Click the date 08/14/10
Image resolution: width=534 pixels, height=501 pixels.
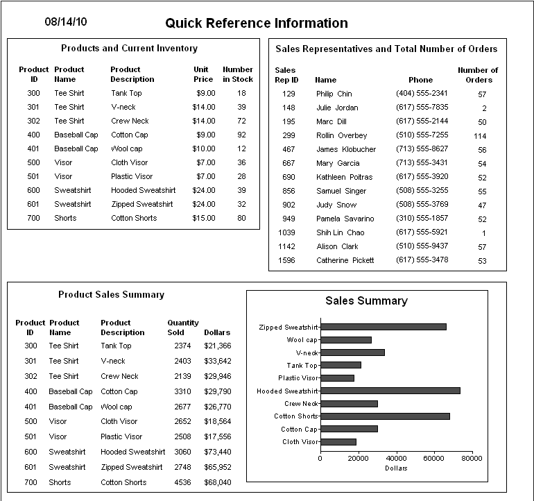[66, 22]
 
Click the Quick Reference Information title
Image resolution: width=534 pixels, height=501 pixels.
[256, 24]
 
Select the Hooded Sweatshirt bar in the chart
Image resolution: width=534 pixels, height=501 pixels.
[390, 391]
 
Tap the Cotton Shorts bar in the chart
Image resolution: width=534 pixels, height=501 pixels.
[385, 416]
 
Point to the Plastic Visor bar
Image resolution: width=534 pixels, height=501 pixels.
[337, 378]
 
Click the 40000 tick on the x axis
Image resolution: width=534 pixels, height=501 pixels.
[396, 458]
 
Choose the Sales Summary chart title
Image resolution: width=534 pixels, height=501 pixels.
[366, 301]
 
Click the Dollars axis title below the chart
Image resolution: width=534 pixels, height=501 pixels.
[396, 468]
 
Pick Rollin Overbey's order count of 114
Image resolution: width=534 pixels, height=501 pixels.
[480, 136]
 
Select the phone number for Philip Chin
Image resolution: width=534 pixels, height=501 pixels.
[422, 94]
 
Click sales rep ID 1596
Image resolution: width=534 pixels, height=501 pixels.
[286, 261]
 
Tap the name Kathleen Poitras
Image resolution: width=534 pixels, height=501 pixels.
[345, 178]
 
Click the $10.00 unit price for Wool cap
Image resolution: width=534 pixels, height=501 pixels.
[204, 148]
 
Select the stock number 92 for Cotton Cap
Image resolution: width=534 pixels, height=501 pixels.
[241, 135]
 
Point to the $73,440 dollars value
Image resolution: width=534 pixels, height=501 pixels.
[218, 452]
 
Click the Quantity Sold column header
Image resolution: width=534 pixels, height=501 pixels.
[183, 328]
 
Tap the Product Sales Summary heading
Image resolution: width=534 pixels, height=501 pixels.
[111, 295]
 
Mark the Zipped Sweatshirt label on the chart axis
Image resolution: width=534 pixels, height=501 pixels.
[288, 327]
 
